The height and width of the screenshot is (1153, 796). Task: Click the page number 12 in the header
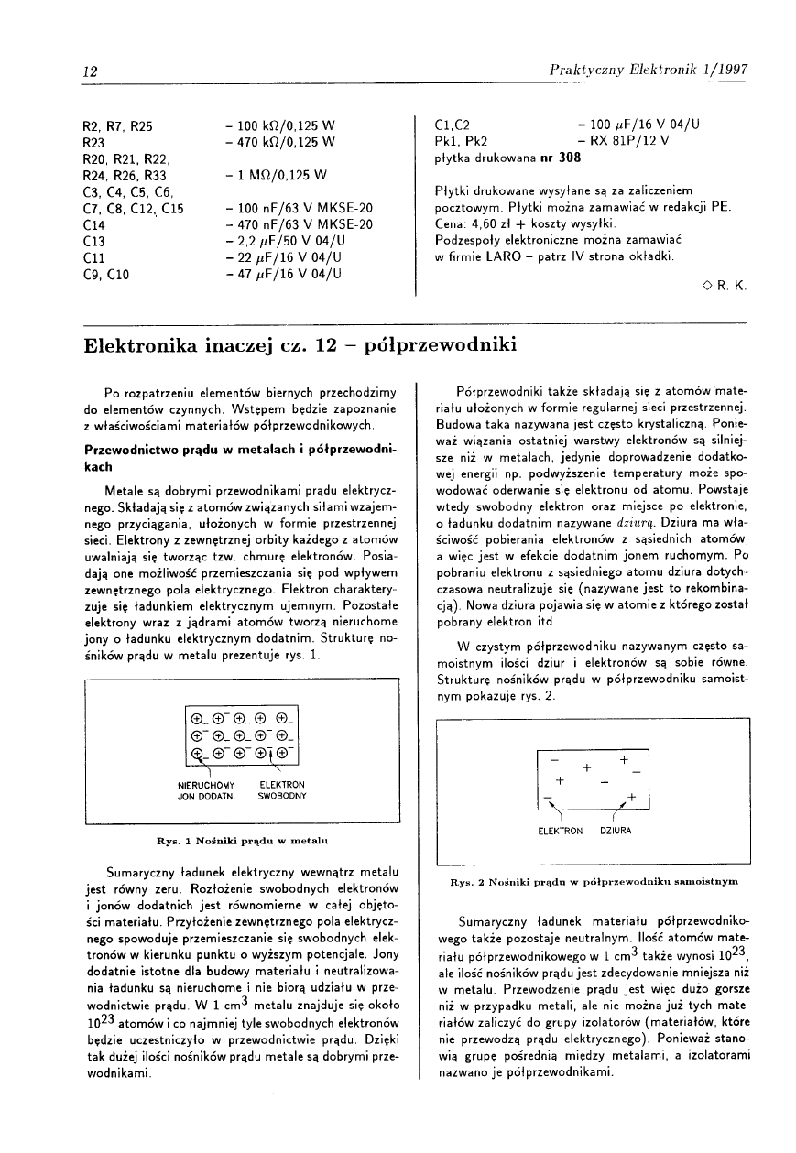click(x=91, y=71)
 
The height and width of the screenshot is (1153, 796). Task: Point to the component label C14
click(x=94, y=224)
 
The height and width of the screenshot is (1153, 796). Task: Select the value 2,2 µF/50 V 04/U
click(x=283, y=241)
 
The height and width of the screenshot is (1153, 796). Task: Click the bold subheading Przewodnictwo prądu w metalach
click(x=240, y=458)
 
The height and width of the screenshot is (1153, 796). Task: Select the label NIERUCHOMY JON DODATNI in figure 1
click(x=206, y=790)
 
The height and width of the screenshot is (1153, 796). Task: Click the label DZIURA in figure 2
click(x=617, y=831)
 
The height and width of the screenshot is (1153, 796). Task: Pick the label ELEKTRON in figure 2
click(x=561, y=831)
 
